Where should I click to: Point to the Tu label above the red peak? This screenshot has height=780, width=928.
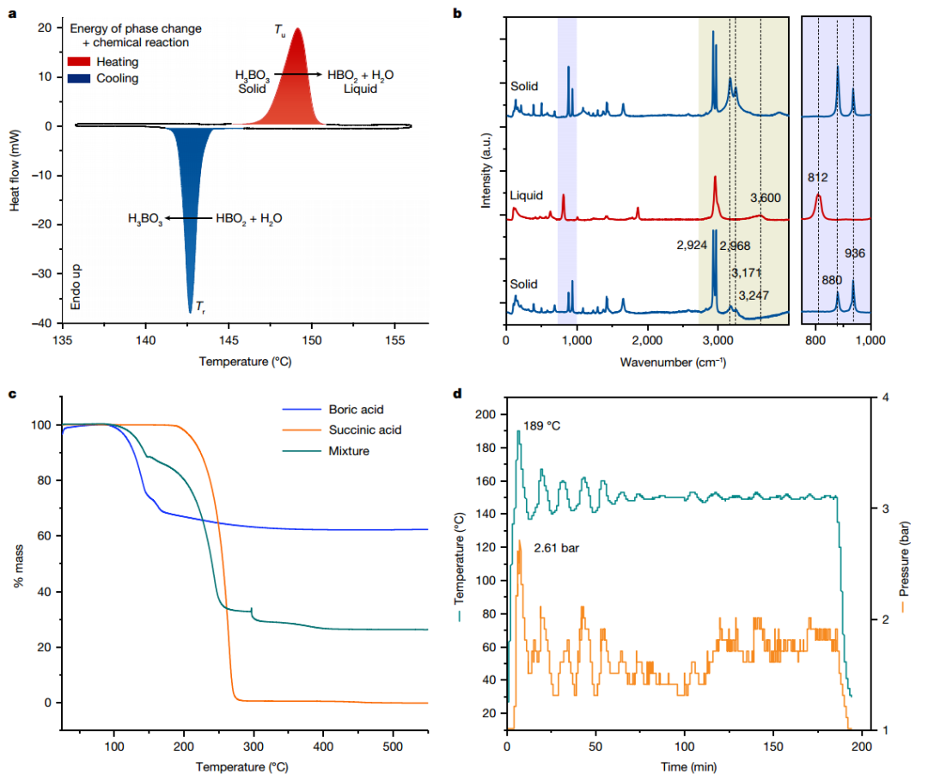(280, 29)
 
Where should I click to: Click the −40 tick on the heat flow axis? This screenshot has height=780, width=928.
(42, 324)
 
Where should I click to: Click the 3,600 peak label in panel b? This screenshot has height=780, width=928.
(765, 198)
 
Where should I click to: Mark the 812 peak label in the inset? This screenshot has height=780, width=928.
(818, 178)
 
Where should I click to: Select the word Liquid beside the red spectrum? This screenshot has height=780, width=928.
(526, 196)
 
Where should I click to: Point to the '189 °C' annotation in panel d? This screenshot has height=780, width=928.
(543, 424)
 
